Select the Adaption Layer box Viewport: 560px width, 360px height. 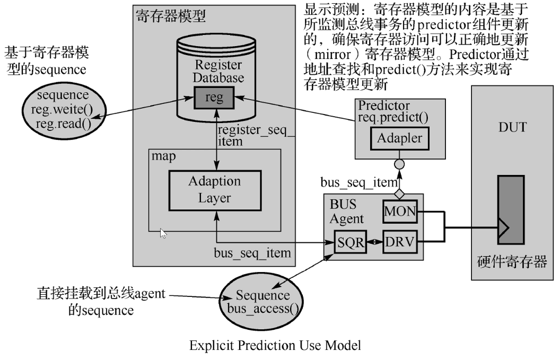coord(214,190)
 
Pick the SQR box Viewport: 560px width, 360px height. coord(350,243)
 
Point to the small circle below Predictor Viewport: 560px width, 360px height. coord(400,164)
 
